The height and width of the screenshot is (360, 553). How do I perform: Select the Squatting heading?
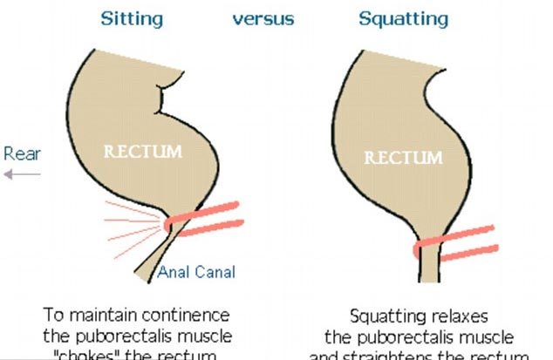[403, 17]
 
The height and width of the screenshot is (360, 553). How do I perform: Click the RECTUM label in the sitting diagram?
[143, 152]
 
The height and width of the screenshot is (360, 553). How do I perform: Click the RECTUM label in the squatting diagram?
[403, 158]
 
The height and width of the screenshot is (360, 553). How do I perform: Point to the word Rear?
[22, 154]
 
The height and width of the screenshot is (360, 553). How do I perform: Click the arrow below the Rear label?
[22, 174]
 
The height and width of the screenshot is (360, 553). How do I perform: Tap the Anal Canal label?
[196, 272]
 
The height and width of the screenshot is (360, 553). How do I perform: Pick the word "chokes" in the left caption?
[93, 355]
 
